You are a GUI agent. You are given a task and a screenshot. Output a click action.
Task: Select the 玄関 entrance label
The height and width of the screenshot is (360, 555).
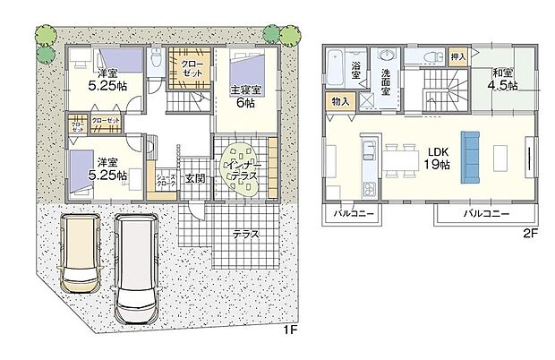click(x=194, y=178)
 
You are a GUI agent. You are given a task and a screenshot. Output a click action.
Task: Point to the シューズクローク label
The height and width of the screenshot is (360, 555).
click(x=166, y=178)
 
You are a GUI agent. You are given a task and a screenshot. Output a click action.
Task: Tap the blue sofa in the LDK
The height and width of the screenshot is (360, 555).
click(x=470, y=158)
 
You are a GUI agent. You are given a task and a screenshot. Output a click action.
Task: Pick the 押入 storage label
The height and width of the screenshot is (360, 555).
click(x=457, y=56)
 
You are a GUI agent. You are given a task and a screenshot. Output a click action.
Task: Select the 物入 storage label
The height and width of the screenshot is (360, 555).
click(x=340, y=102)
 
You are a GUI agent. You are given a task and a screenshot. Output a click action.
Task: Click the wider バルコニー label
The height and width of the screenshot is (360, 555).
click(x=486, y=215)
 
